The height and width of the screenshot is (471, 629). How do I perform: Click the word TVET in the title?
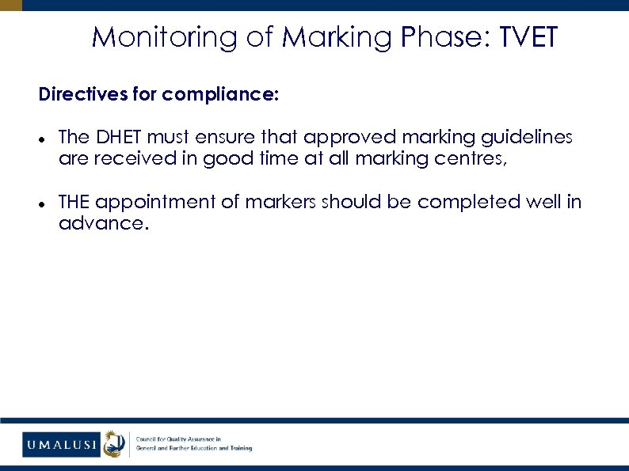tap(528, 36)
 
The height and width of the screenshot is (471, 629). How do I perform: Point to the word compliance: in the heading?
tap(220, 96)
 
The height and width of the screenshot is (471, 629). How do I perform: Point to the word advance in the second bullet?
tap(101, 223)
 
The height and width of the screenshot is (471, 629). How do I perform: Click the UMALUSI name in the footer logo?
tap(61, 445)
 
